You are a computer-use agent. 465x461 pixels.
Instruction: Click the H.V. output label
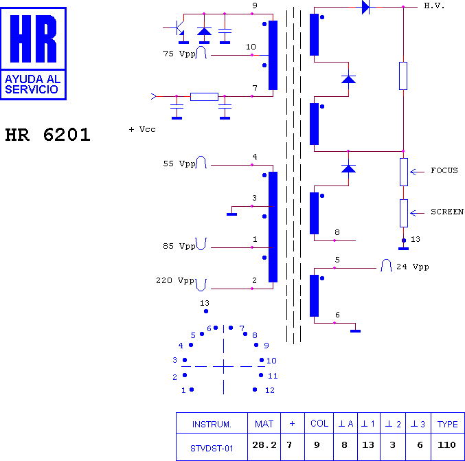pyautogui.click(x=434, y=6)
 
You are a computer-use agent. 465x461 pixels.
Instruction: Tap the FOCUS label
pyautogui.click(x=444, y=170)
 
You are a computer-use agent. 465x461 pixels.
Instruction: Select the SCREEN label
pyautogui.click(x=447, y=212)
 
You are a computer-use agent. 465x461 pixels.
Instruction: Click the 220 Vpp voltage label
pyautogui.click(x=175, y=280)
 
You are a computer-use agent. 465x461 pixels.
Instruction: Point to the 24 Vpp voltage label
pyautogui.click(x=413, y=267)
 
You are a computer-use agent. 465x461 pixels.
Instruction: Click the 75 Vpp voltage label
pyautogui.click(x=179, y=54)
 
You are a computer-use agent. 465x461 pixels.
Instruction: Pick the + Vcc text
pyautogui.click(x=142, y=129)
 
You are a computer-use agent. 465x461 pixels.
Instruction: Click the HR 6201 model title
pyautogui.click(x=48, y=135)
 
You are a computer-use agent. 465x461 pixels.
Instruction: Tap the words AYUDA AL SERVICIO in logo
pyautogui.click(x=32, y=85)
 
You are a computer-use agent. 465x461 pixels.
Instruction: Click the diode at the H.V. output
pyautogui.click(x=365, y=7)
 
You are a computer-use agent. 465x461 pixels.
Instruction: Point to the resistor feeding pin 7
pyautogui.click(x=204, y=97)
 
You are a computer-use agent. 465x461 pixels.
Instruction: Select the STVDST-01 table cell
pyautogui.click(x=212, y=448)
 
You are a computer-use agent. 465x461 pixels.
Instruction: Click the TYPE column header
pyautogui.click(x=448, y=424)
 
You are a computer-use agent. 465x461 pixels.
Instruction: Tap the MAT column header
pyautogui.click(x=264, y=424)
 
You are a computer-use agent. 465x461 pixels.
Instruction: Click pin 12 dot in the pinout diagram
pyautogui.click(x=255, y=390)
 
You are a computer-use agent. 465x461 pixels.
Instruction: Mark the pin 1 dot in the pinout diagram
pyautogui.click(x=192, y=390)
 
